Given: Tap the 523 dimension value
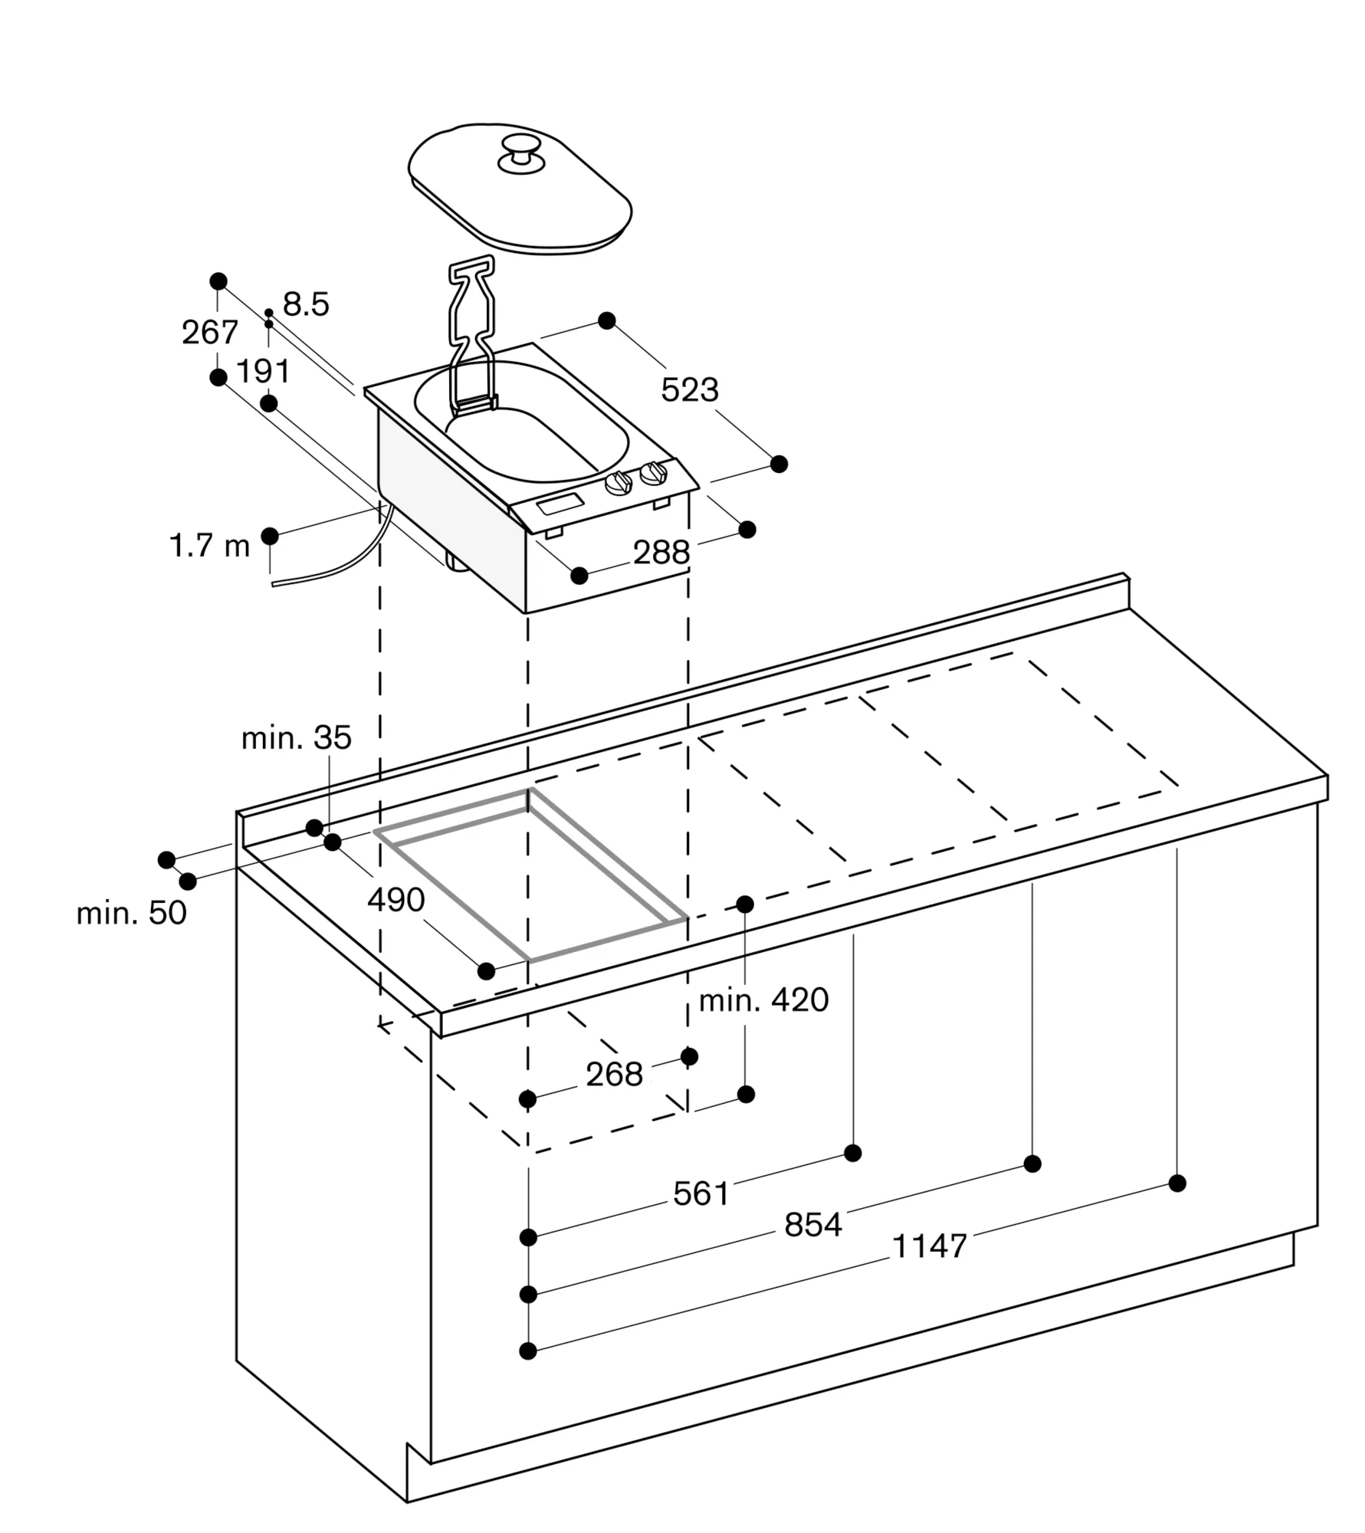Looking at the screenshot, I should click(690, 390).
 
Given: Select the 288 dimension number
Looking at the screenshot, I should click(661, 553).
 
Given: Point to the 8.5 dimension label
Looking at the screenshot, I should click(306, 304).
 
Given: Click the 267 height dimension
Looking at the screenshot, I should click(209, 333).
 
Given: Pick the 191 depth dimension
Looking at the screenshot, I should click(263, 372).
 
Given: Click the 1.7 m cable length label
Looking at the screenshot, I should click(209, 547).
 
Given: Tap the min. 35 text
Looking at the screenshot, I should click(296, 738).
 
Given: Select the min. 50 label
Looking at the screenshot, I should click(131, 913).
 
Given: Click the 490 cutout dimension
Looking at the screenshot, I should click(395, 900).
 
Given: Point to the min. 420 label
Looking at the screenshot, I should click(763, 1000).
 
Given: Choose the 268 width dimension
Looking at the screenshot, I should click(614, 1075).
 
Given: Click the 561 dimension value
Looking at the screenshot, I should click(701, 1194).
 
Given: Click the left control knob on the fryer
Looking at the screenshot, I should click(619, 484).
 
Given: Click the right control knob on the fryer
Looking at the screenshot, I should click(654, 473).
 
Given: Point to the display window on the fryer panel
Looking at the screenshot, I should click(560, 504).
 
